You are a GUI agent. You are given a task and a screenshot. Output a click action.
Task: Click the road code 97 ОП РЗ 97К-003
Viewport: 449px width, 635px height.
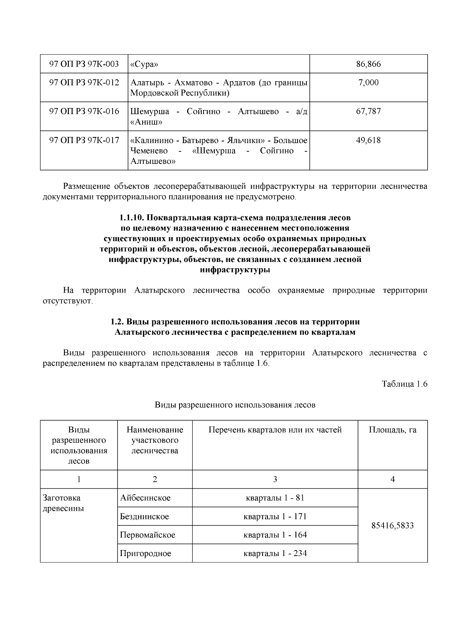point(84,64)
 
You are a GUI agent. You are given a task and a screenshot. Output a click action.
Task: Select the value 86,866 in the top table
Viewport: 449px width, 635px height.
point(368,64)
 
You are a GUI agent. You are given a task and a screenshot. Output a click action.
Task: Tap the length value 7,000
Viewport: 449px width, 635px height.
point(368,82)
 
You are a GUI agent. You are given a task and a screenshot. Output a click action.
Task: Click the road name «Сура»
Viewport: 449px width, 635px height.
point(144,64)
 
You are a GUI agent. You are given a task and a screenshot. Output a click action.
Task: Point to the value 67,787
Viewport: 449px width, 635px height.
point(368,111)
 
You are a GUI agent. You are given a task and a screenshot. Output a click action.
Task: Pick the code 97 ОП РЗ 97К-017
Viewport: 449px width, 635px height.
point(84,140)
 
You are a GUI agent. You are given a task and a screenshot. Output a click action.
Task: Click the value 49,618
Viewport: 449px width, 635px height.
point(368,140)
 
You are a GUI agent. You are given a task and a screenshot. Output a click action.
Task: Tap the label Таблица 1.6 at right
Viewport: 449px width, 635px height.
point(404,384)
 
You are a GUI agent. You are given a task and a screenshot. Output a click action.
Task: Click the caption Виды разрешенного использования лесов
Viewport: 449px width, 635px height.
point(235,405)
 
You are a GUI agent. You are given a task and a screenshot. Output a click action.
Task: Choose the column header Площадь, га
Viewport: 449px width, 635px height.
point(393,430)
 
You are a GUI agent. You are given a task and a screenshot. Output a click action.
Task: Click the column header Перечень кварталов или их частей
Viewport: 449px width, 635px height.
point(275,430)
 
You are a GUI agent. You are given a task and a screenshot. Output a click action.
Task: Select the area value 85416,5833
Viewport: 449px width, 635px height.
point(393,525)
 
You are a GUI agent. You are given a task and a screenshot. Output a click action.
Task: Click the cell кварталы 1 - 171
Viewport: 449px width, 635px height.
point(275,516)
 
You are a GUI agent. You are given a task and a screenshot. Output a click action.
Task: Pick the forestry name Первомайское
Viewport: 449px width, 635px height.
point(147,535)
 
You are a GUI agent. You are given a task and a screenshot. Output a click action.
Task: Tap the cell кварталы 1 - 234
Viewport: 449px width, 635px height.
point(275,553)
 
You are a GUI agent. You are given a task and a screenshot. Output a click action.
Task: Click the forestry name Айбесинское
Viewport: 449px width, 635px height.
point(145,498)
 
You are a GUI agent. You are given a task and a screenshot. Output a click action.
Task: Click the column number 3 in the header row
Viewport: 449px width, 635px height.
point(275,479)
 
